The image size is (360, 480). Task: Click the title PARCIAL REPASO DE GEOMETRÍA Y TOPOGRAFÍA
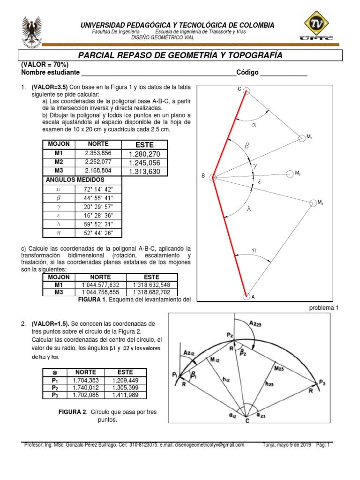(x=180, y=55)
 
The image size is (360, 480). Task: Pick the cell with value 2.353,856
(x=98, y=154)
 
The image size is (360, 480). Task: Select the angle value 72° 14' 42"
(x=98, y=189)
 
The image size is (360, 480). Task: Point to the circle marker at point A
(x=247, y=296)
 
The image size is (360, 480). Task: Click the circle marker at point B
(x=213, y=177)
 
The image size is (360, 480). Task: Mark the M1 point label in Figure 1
(x=310, y=137)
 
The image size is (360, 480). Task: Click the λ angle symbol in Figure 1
(x=249, y=210)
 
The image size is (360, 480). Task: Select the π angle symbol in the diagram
(x=254, y=251)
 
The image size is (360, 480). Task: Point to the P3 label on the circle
(x=322, y=382)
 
